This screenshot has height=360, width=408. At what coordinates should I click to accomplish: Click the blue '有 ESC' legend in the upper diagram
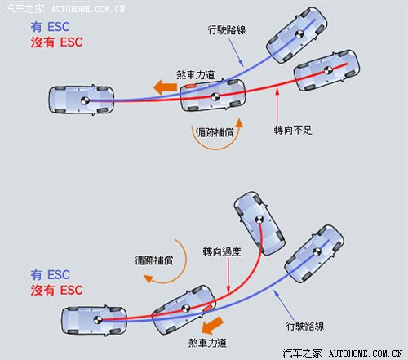tap(51, 27)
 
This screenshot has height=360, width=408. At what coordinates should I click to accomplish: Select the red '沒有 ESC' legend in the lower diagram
tap(56, 290)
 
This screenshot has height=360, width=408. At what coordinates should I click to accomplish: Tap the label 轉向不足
tap(293, 131)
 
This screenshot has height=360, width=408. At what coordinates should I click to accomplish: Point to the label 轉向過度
tap(222, 251)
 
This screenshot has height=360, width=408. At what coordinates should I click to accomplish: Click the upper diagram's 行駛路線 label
tap(227, 30)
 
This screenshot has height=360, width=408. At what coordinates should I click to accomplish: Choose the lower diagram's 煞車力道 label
tap(207, 343)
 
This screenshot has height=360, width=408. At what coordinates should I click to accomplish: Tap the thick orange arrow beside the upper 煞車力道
tap(165, 87)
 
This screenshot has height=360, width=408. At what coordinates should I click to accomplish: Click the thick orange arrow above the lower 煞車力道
tap(212, 325)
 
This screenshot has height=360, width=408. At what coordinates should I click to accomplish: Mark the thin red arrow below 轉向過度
tap(228, 276)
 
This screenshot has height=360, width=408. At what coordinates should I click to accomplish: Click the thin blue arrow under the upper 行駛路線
tap(236, 52)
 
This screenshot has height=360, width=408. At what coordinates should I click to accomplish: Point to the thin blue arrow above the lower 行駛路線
tap(284, 304)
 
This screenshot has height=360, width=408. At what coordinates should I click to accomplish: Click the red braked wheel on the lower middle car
tap(207, 309)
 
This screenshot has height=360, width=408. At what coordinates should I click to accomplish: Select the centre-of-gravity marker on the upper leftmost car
tap(85, 100)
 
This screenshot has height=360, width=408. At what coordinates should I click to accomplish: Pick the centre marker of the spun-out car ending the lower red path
tap(259, 220)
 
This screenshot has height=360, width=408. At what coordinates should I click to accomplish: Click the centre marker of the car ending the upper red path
tap(328, 70)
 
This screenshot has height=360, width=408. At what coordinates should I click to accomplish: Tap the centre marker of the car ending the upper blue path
tap(299, 34)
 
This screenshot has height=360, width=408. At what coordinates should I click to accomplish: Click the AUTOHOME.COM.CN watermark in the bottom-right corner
tap(366, 353)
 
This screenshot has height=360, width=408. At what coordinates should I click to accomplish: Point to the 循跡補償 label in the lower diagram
tap(154, 260)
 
